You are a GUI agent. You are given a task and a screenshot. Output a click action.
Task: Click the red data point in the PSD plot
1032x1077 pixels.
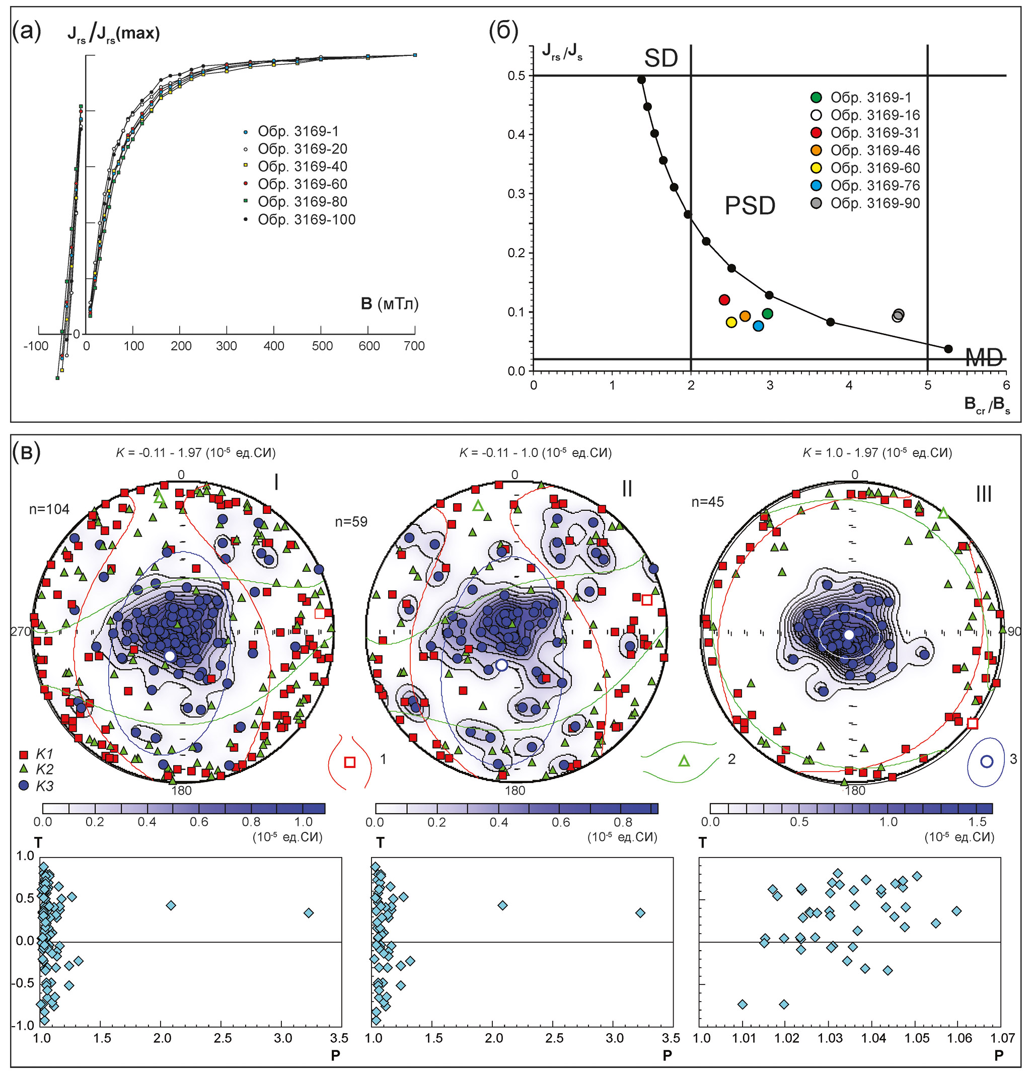pyautogui.click(x=724, y=300)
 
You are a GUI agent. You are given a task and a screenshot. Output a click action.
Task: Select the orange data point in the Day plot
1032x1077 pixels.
pyautogui.click(x=745, y=316)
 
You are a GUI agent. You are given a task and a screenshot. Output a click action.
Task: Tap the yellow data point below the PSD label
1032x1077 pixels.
pyautogui.click(x=731, y=323)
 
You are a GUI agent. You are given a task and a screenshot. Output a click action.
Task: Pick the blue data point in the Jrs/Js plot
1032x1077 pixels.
pyautogui.click(x=758, y=326)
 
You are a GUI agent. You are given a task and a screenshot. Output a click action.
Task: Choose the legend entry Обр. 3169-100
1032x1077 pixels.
pyautogui.click(x=307, y=220)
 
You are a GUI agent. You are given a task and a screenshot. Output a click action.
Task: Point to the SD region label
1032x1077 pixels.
pyautogui.click(x=660, y=59)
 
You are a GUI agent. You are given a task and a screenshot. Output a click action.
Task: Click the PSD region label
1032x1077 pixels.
pyautogui.click(x=750, y=206)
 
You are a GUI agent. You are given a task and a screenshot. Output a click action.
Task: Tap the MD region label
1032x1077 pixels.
pyautogui.click(x=984, y=358)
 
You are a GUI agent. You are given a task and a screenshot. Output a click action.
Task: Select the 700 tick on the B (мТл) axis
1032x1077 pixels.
pyautogui.click(x=414, y=346)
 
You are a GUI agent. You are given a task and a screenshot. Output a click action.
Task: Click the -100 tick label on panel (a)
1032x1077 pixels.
pyautogui.click(x=36, y=346)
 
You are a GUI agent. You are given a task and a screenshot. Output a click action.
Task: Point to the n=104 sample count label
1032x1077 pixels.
pyautogui.click(x=49, y=509)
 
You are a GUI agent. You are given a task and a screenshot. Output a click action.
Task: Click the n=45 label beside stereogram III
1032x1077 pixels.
pyautogui.click(x=708, y=502)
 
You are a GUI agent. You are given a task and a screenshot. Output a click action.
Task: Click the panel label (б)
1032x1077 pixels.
pyautogui.click(x=503, y=31)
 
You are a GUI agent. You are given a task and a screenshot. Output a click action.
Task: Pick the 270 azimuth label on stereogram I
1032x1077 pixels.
pyautogui.click(x=20, y=632)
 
